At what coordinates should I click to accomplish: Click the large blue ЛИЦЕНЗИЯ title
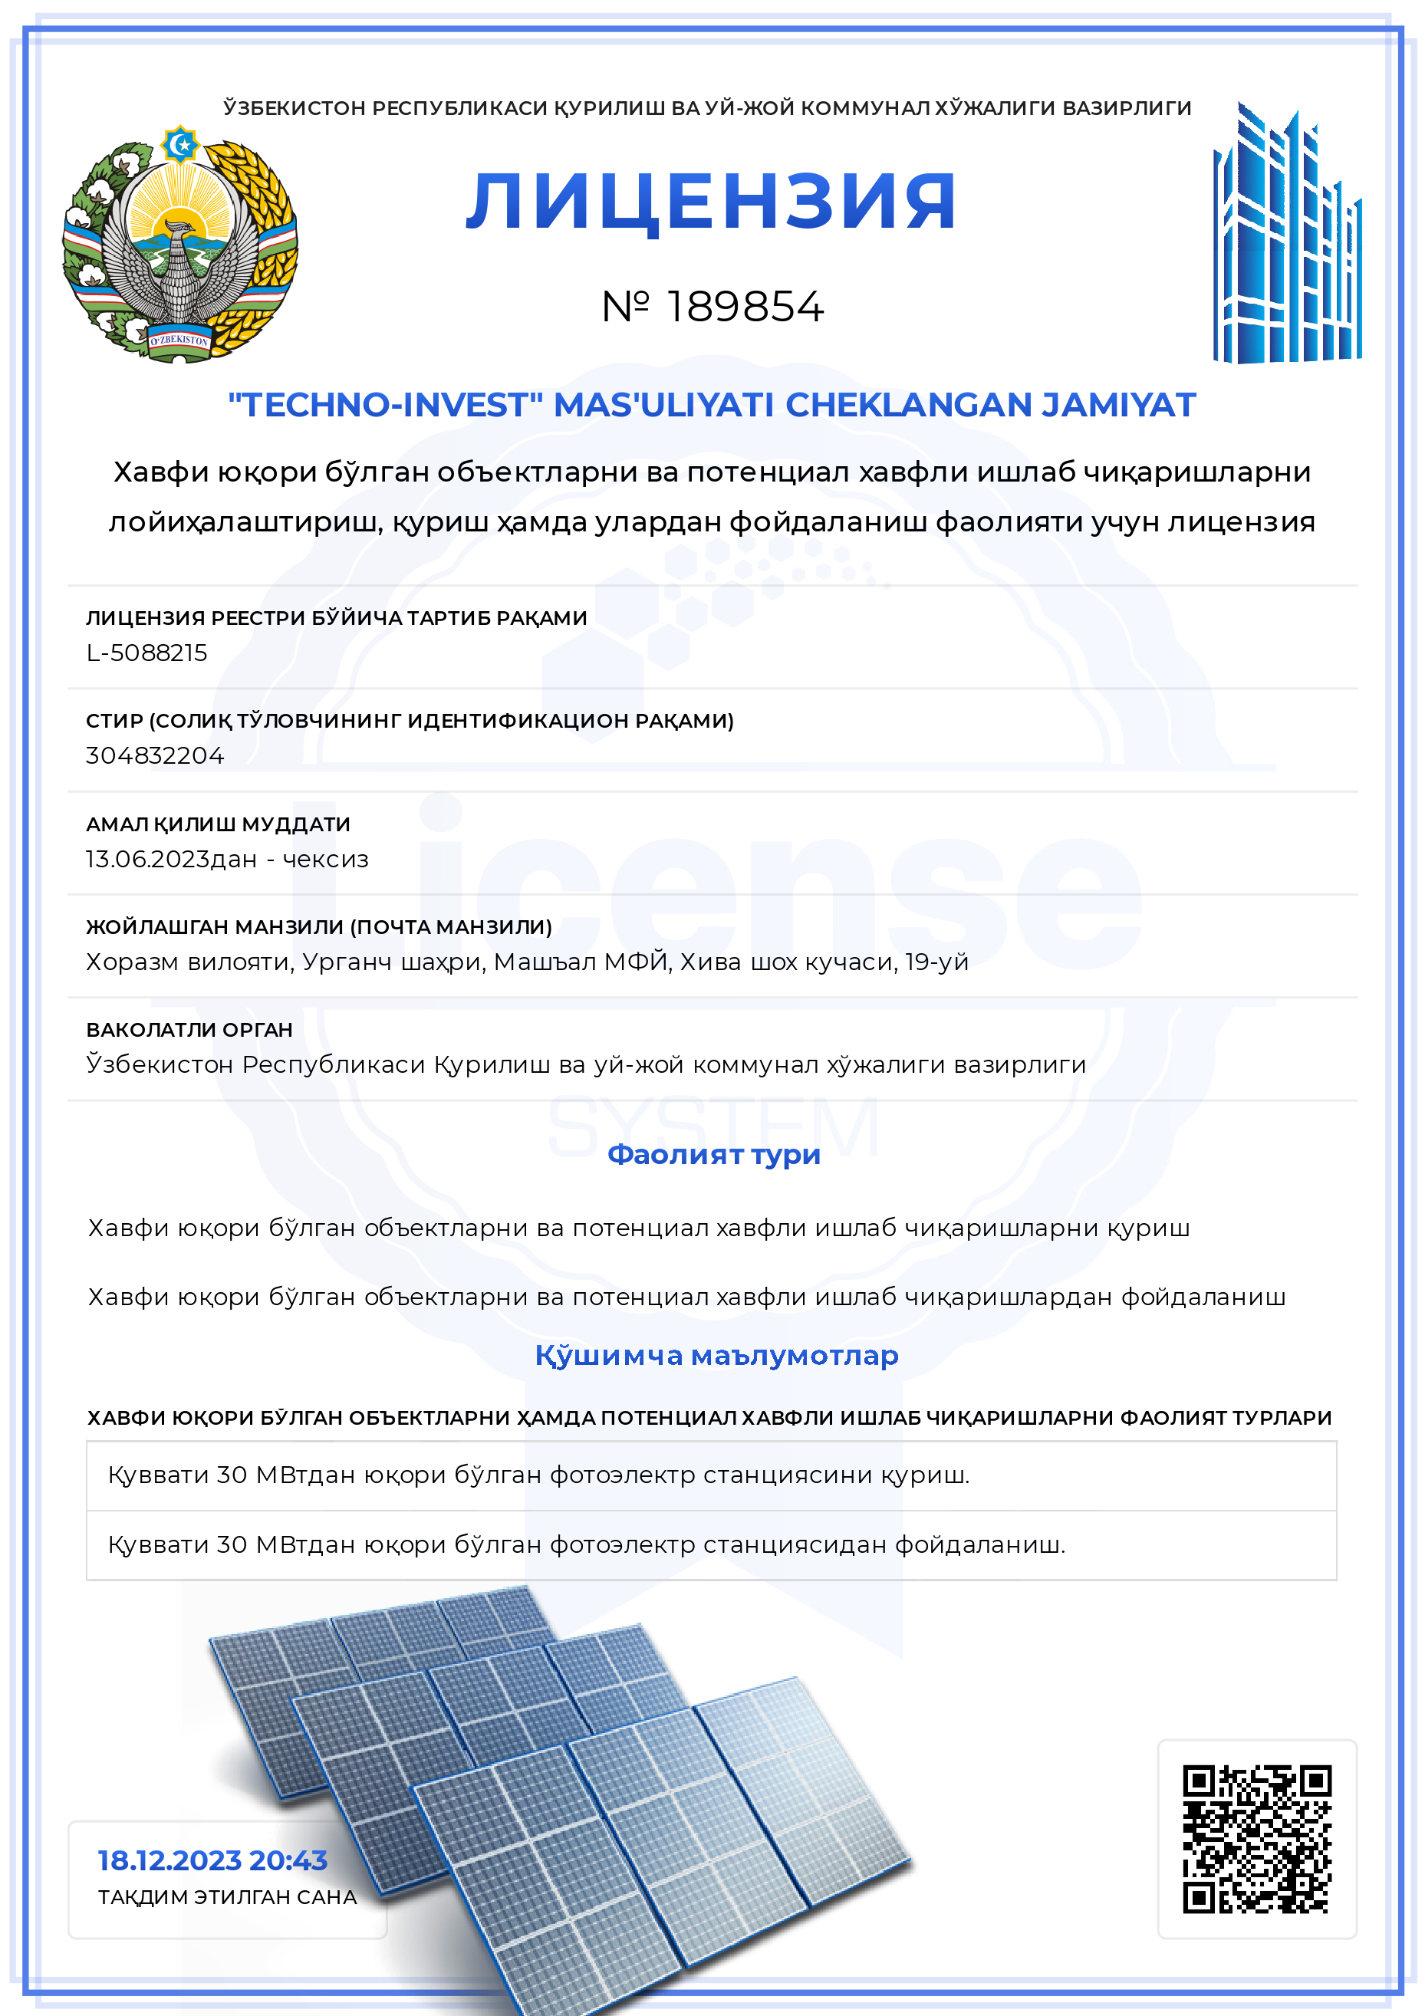click(x=710, y=202)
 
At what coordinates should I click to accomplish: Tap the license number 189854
click(x=745, y=307)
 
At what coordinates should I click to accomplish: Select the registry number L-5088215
click(x=146, y=653)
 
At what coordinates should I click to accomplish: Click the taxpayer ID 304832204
click(x=154, y=755)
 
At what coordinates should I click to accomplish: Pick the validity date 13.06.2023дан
click(x=171, y=859)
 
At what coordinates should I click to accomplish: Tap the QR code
click(x=1256, y=1839)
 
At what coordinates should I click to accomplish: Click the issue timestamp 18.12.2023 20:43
click(x=212, y=1860)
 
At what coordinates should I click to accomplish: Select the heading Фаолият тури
click(x=713, y=1154)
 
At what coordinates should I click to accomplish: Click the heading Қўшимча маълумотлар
click(x=716, y=1355)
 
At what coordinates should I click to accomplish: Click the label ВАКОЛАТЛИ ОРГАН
click(x=189, y=1029)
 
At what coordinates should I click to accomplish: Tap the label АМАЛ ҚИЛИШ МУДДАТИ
click(x=218, y=824)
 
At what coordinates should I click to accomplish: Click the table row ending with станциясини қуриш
click(x=538, y=1475)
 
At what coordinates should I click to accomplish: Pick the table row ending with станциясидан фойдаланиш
click(x=586, y=1544)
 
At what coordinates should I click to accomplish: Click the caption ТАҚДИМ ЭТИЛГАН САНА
click(x=228, y=1896)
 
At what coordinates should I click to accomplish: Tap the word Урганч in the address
click(x=347, y=962)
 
